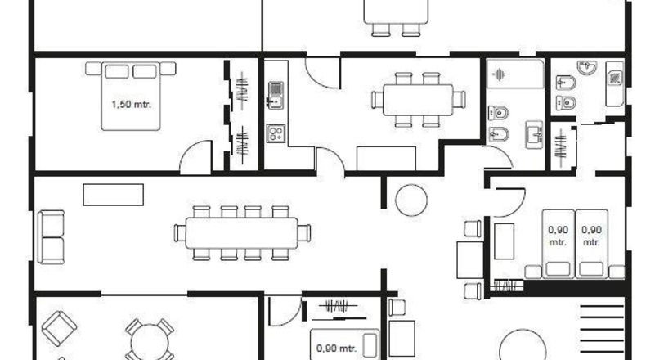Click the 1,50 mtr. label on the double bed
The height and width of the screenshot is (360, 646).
pyautogui.click(x=132, y=105)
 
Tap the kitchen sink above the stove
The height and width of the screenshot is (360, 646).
pyautogui.click(x=276, y=96)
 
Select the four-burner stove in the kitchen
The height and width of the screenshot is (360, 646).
pyautogui.click(x=276, y=133)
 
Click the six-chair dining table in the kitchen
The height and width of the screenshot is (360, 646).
pyautogui.click(x=418, y=100)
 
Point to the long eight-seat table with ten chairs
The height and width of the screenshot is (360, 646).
pyautogui.click(x=242, y=233)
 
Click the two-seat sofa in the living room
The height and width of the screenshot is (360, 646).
pyautogui.click(x=51, y=237)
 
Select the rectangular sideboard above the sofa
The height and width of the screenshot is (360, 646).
pyautogui.click(x=114, y=195)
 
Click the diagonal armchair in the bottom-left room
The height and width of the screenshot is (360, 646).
pyautogui.click(x=60, y=328)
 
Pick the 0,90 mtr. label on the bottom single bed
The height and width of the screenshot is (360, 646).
pyautogui.click(x=336, y=349)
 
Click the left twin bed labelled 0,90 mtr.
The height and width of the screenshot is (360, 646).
pyautogui.click(x=559, y=243)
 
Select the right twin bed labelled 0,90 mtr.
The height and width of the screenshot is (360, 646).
pyautogui.click(x=591, y=243)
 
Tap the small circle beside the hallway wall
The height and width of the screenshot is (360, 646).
pyautogui.click(x=411, y=200)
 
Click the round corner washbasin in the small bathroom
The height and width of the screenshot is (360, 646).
pyautogui.click(x=587, y=67)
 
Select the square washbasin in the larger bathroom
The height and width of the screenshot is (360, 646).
pyautogui.click(x=535, y=134)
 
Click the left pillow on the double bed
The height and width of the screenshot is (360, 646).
pyautogui.click(x=117, y=71)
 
